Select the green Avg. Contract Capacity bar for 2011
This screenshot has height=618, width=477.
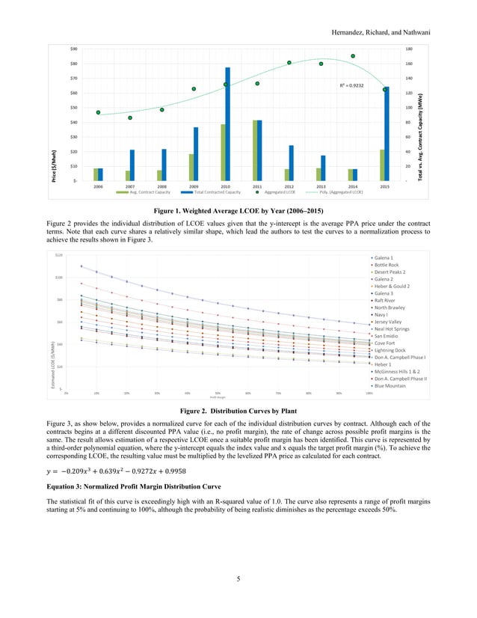point(256,150)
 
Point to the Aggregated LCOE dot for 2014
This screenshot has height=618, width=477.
point(353,56)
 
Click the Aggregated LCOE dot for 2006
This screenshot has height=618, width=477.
point(98,112)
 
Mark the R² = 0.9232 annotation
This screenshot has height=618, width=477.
point(351,86)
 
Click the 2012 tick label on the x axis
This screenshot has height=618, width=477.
point(289,186)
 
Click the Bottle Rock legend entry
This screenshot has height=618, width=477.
point(386,265)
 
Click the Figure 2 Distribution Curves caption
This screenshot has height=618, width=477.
point(238,411)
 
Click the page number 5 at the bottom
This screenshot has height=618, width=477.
point(238,598)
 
